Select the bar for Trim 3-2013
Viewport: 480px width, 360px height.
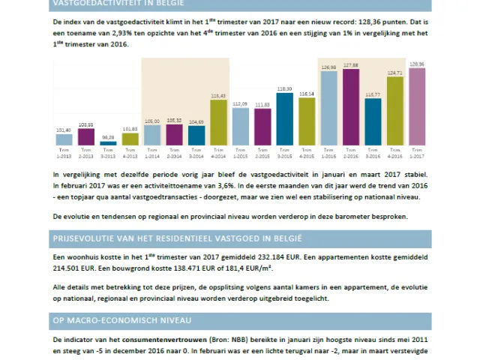[x=109, y=142]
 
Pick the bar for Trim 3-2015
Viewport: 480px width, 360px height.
[x=285, y=118]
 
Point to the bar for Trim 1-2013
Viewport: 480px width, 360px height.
[x=64, y=139]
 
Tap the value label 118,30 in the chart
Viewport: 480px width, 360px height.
[x=285, y=88]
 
